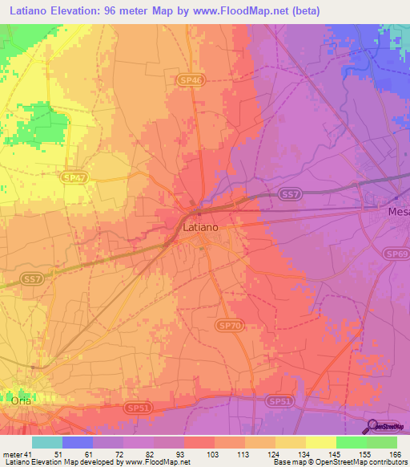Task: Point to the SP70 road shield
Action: (227, 326)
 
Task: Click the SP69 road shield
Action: (398, 254)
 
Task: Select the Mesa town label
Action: (398, 212)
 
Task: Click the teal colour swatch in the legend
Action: (47, 442)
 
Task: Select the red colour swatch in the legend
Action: (199, 442)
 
